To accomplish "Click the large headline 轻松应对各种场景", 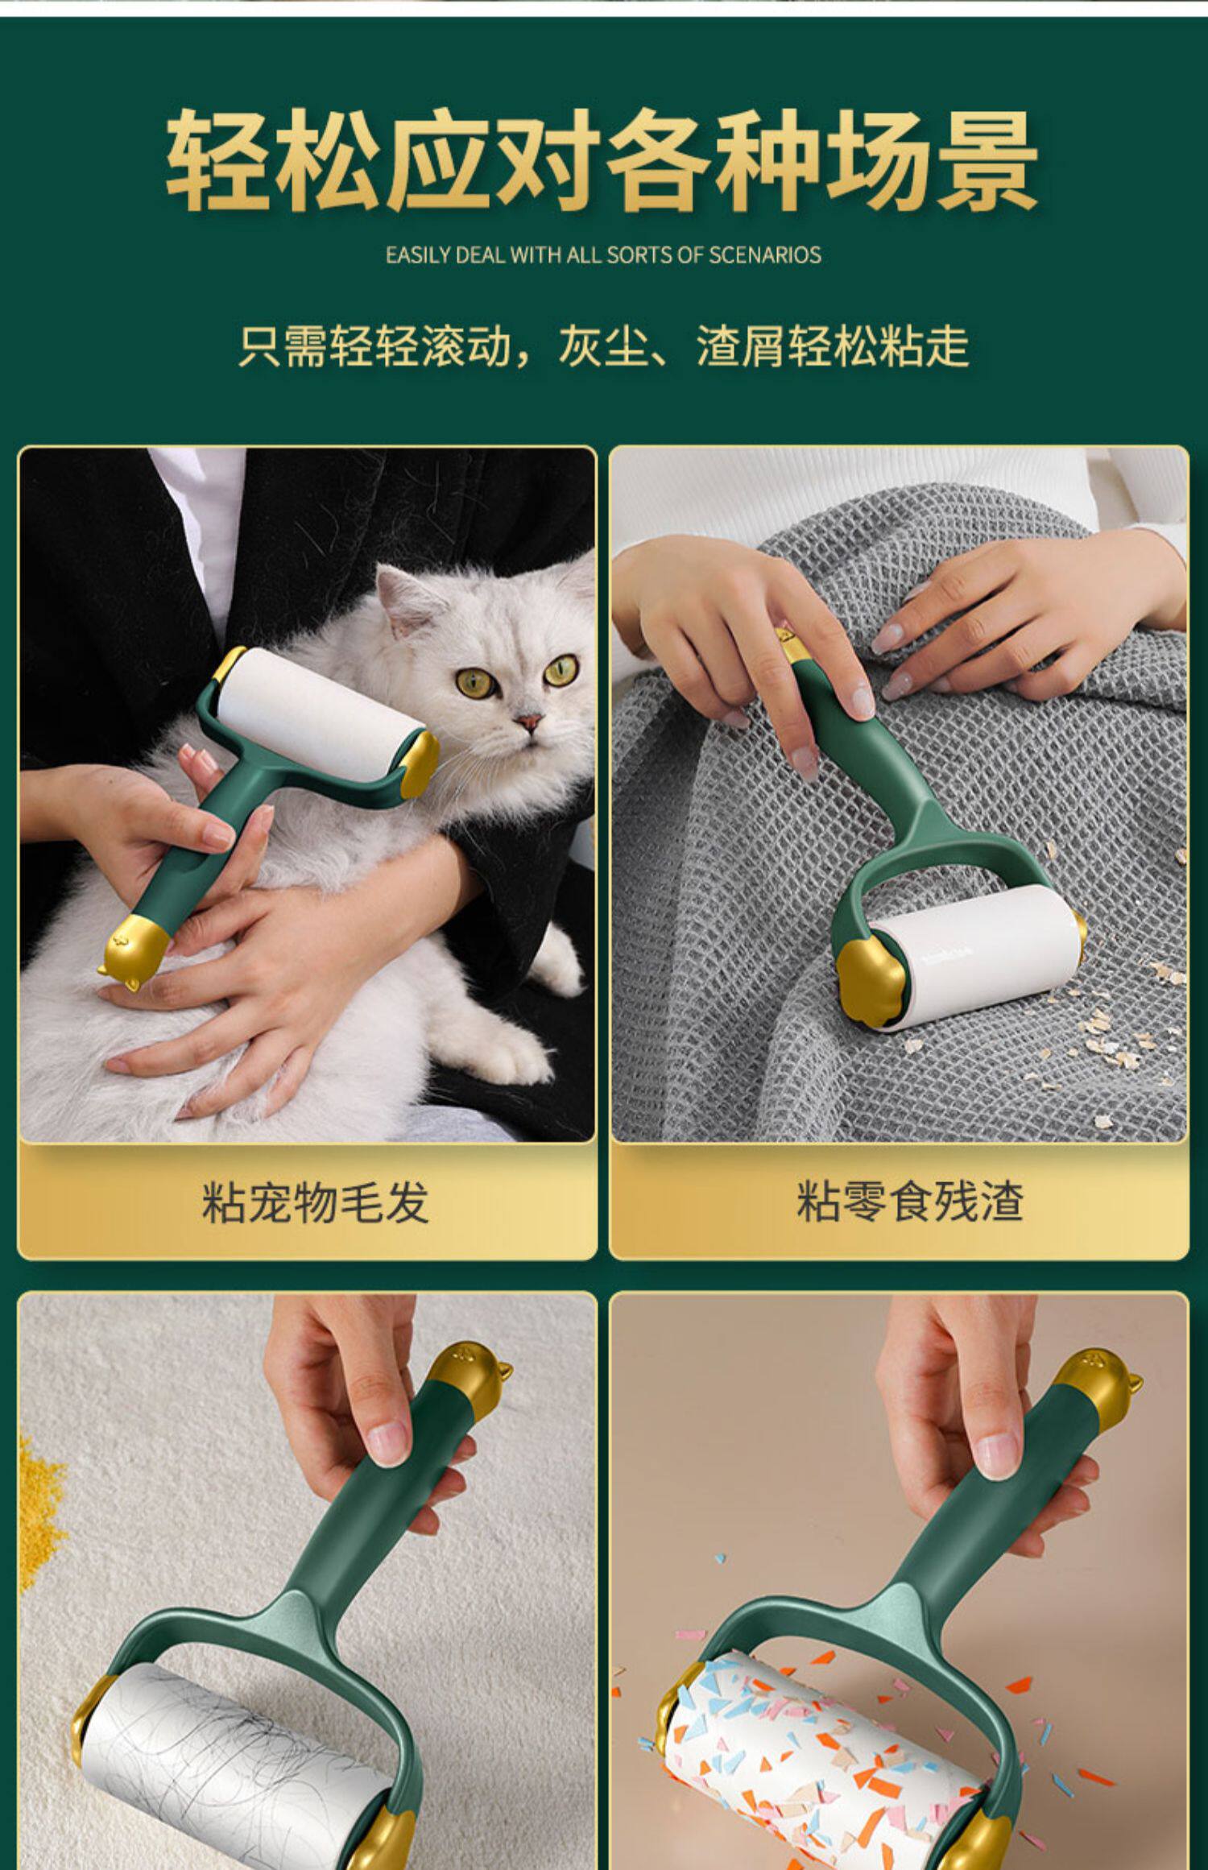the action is click(602, 162).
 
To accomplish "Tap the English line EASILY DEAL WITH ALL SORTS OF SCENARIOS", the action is click(603, 255).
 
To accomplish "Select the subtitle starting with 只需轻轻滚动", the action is click(604, 346).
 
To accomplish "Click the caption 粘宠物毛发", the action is click(315, 1202).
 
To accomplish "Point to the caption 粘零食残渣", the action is click(910, 1202).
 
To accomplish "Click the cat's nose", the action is click(527, 722).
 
